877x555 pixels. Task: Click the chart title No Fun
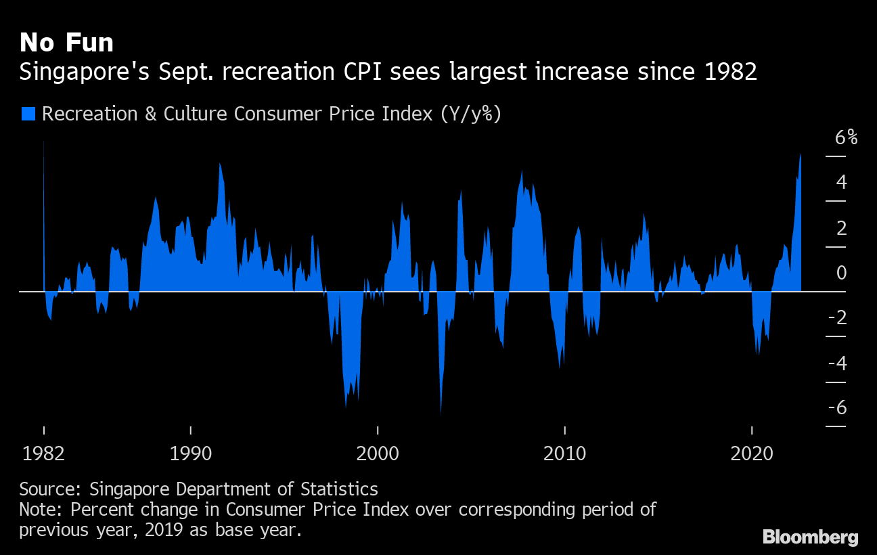coord(66,43)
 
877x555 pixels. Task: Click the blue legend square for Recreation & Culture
coord(28,114)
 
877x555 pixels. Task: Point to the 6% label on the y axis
coord(846,138)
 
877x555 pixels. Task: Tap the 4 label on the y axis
coord(841,182)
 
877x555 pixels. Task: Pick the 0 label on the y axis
coord(841,273)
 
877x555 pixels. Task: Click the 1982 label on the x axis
coord(44,454)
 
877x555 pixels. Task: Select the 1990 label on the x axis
coord(192,454)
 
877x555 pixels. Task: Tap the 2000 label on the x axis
coord(378,454)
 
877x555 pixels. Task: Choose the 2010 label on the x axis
coord(564,454)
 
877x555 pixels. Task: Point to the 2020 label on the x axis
coord(752,454)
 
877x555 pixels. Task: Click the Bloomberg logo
coord(811,537)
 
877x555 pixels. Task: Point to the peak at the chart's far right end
coord(801,154)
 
